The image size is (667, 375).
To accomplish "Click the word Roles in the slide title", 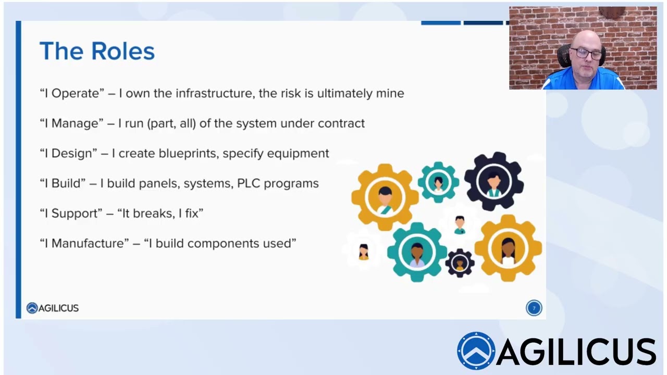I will (x=122, y=51).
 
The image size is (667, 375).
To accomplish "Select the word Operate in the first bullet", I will (x=75, y=93).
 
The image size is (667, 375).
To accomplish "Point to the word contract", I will (x=341, y=123).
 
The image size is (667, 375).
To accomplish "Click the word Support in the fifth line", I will (x=74, y=214).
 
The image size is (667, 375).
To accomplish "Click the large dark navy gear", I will (x=493, y=181).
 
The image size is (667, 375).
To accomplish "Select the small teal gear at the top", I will (x=438, y=182).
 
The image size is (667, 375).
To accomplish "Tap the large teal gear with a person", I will (x=416, y=252).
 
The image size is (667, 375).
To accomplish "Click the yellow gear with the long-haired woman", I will (x=508, y=248).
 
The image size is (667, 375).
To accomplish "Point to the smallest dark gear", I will (x=460, y=262).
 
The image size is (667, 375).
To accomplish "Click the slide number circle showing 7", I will (x=534, y=308).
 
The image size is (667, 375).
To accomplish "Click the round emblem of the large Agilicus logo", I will (x=476, y=351).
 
